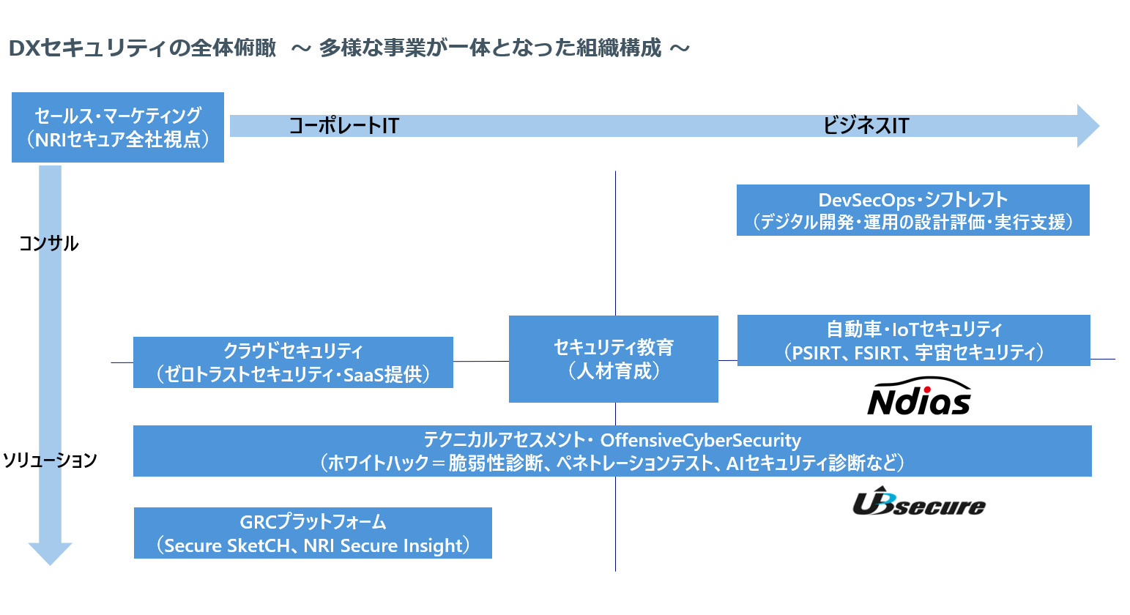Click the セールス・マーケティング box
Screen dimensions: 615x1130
[x=117, y=127]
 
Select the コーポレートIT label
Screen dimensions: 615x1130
[x=343, y=126]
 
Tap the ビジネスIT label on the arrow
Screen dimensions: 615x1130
[x=866, y=126]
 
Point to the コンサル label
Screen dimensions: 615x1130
[x=48, y=244]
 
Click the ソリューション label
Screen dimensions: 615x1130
[x=50, y=460]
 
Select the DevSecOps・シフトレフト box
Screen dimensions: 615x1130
[x=912, y=210]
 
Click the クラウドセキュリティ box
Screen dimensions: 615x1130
[x=293, y=362]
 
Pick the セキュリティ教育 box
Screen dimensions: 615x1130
[x=613, y=359]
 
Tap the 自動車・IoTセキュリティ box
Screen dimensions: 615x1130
[x=913, y=340]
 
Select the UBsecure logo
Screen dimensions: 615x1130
[x=918, y=504]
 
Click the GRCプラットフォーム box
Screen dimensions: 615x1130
[x=313, y=533]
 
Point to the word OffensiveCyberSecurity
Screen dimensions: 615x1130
[x=700, y=440]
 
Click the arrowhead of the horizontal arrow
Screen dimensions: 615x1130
[x=1088, y=126]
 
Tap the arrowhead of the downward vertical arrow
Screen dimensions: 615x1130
[x=50, y=553]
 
